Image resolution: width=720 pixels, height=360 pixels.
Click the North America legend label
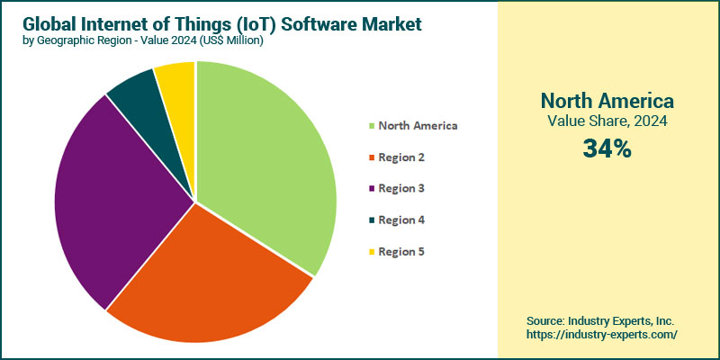tap(418, 125)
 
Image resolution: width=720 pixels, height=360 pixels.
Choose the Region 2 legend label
tap(401, 157)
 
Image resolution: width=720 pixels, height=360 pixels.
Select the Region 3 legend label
tap(401, 188)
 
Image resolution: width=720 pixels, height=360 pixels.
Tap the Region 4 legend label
tap(401, 220)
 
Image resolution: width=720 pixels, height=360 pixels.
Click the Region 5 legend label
tap(401, 251)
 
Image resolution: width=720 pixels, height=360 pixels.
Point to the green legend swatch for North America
tap(370, 126)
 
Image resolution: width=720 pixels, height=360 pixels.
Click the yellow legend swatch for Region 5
tap(370, 252)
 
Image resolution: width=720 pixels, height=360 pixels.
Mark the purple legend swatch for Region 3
tap(370, 189)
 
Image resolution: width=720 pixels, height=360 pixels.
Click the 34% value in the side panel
tap(606, 148)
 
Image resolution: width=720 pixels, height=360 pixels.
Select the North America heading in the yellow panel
tap(606, 100)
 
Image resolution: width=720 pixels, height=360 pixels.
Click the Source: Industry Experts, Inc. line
tap(600, 320)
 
